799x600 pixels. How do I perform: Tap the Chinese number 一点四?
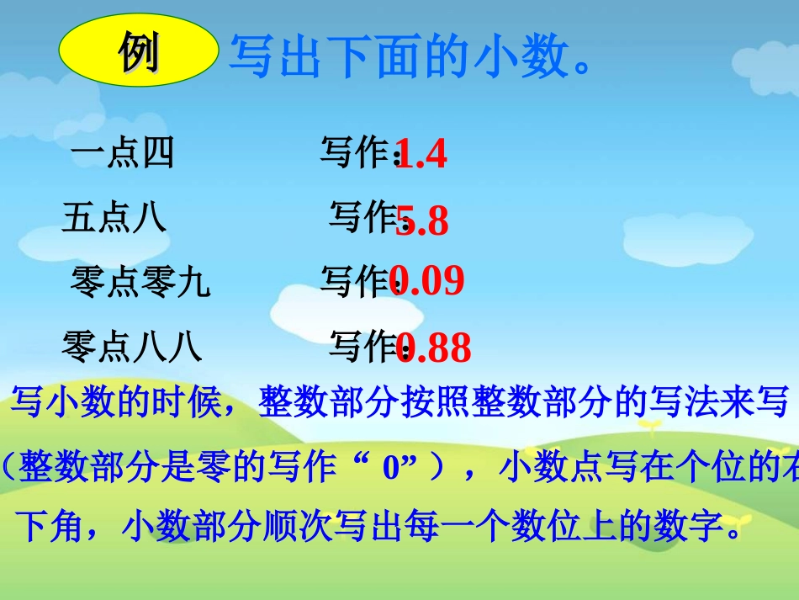coord(123,154)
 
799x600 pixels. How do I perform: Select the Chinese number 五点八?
coord(114,218)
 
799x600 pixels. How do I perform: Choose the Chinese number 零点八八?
coord(133,346)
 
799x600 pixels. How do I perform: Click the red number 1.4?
coord(421,155)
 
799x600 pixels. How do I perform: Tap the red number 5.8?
coord(422,220)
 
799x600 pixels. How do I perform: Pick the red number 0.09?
coord(427,282)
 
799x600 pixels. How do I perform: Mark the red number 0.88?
coord(434,347)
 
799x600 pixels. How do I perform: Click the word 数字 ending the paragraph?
coord(690,528)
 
